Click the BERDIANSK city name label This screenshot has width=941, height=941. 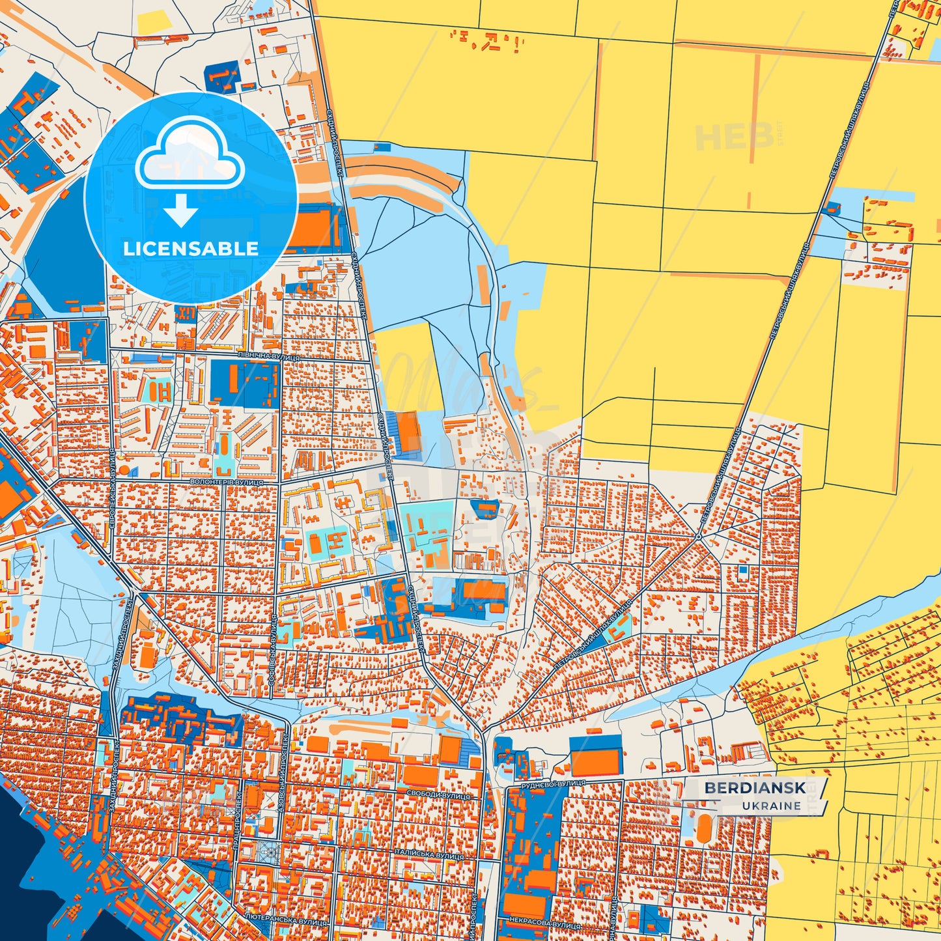point(754,788)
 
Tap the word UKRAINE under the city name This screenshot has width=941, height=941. point(771,806)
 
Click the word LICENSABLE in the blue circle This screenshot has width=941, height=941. point(191,249)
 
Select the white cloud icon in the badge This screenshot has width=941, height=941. point(190,155)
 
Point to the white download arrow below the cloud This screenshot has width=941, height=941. point(180,211)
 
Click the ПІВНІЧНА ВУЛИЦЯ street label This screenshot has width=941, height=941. point(269,358)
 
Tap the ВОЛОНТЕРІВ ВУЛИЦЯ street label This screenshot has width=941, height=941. point(226,482)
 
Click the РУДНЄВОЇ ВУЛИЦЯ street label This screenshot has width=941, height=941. point(548,784)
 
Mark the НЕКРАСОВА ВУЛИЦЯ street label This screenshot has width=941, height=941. point(537,924)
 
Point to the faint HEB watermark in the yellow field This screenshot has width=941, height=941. point(734,136)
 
